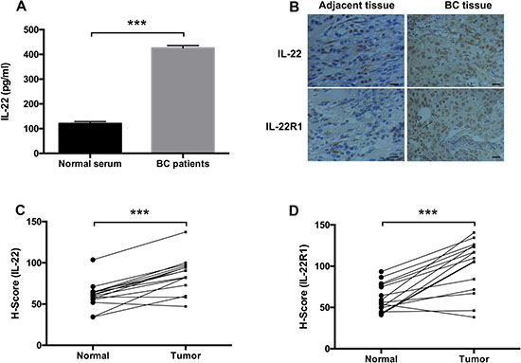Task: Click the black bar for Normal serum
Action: (90, 138)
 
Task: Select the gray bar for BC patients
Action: (183, 100)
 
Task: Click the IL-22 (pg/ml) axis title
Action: (8, 91)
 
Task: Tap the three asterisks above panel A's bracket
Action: (137, 24)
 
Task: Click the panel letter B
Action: (295, 7)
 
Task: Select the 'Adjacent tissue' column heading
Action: (356, 6)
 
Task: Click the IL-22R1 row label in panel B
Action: (284, 126)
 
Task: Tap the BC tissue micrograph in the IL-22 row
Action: (456, 50)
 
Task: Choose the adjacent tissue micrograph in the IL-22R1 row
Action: (356, 125)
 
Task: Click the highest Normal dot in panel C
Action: (93, 260)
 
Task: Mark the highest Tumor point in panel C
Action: (186, 232)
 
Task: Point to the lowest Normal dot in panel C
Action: (93, 317)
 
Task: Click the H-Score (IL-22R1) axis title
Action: (303, 287)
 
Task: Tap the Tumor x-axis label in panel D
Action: (475, 358)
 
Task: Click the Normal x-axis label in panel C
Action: (93, 355)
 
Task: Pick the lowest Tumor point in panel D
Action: (474, 318)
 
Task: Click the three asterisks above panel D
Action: (428, 213)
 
